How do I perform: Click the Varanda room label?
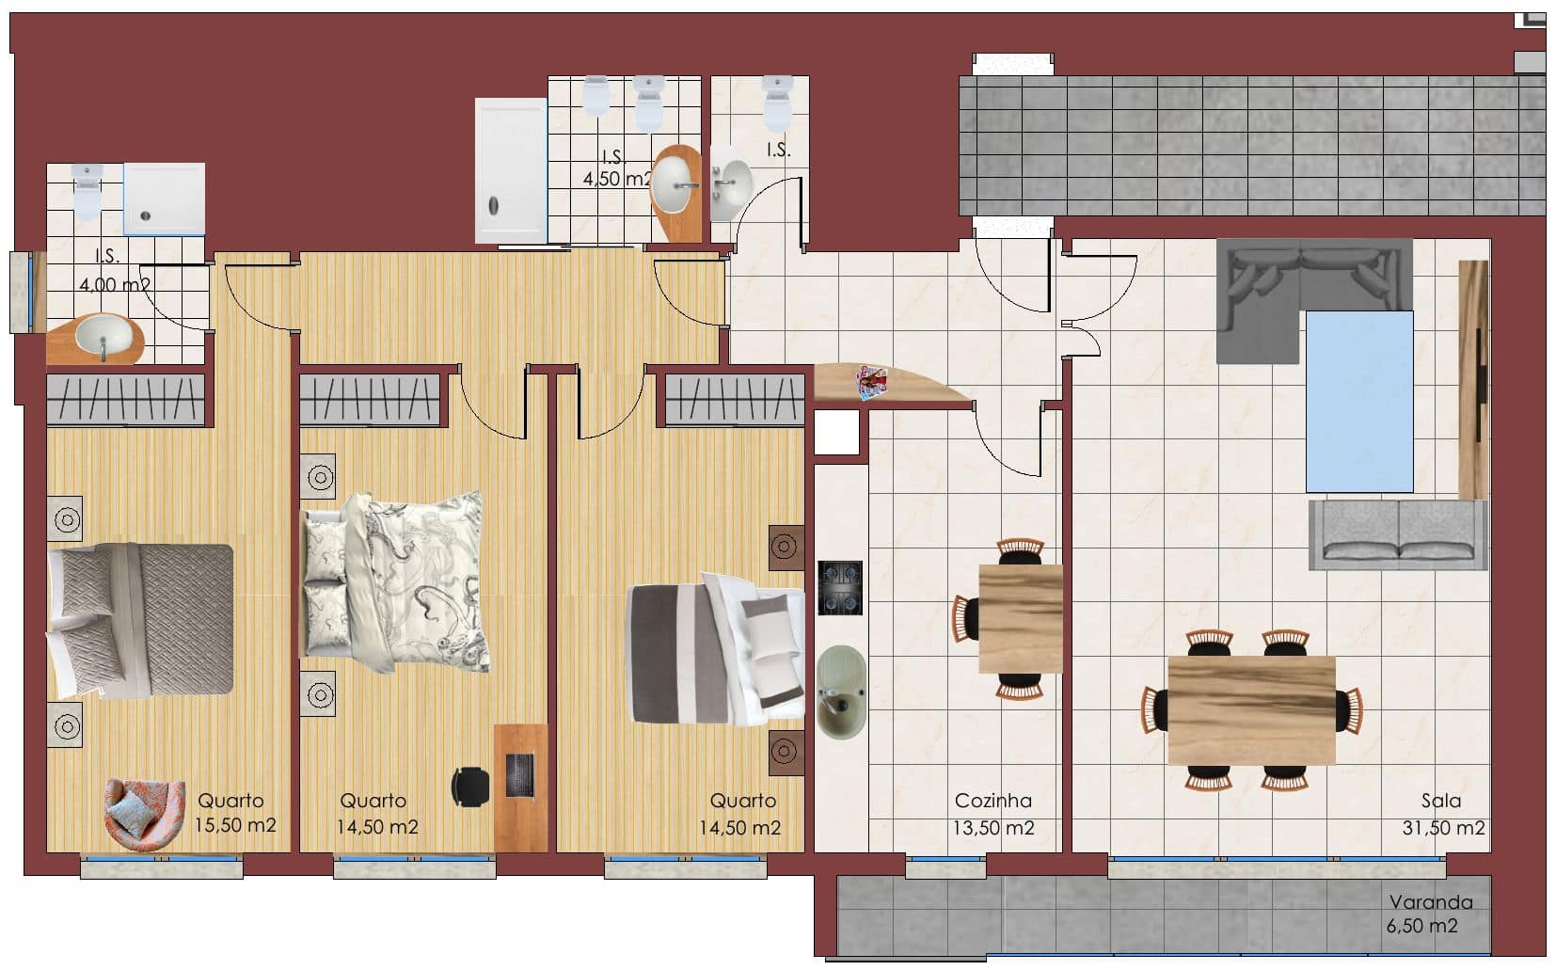click(x=1430, y=902)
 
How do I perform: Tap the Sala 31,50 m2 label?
click(x=1443, y=815)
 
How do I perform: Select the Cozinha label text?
click(x=992, y=801)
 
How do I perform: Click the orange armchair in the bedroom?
click(x=145, y=815)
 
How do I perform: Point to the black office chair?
click(x=469, y=787)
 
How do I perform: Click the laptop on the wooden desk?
click(x=520, y=774)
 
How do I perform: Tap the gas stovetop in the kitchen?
click(x=840, y=588)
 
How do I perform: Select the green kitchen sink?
click(x=841, y=692)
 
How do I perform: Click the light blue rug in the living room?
click(x=1359, y=402)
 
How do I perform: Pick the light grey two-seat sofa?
click(x=1398, y=534)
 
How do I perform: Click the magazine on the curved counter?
click(x=872, y=383)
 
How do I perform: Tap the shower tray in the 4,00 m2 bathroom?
click(x=164, y=199)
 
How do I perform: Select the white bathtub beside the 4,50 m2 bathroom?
click(x=511, y=170)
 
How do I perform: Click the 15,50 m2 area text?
click(x=235, y=825)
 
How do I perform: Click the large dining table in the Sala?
click(x=1252, y=710)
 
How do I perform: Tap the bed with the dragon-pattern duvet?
click(x=395, y=581)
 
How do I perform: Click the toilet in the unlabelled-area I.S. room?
click(x=777, y=103)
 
